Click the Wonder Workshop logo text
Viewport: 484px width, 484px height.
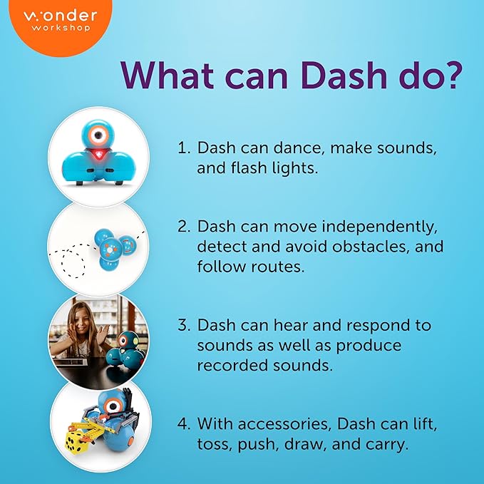(x=61, y=21)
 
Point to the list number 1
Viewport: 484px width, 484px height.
(x=184, y=148)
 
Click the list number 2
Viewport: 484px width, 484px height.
(x=184, y=226)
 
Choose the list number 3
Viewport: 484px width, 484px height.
(x=184, y=325)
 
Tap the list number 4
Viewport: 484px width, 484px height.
(x=184, y=424)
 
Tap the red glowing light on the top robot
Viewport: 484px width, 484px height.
(x=98, y=155)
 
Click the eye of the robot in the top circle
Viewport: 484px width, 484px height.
(x=98, y=135)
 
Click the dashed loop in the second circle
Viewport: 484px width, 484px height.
(x=73, y=263)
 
